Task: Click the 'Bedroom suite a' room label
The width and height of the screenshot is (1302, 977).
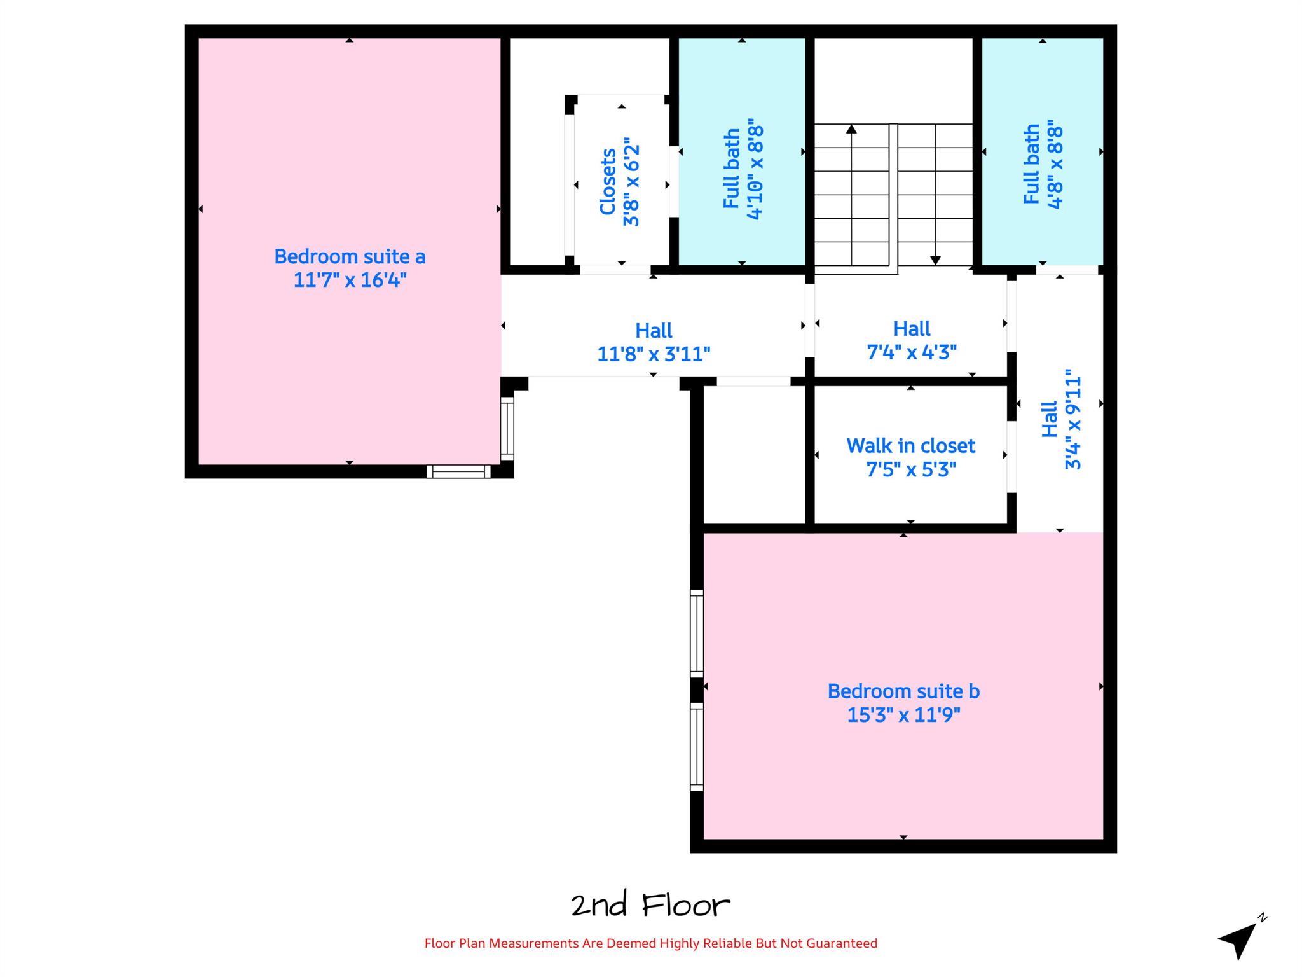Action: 350,256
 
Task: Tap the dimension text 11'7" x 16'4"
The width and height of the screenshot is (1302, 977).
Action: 350,280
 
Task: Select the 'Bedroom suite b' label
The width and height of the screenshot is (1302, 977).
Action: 903,691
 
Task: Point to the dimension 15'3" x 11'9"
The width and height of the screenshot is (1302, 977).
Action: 903,715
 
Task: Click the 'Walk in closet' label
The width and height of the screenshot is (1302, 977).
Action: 910,446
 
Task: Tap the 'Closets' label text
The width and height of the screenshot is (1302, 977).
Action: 608,181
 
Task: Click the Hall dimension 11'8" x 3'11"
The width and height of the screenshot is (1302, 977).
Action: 654,354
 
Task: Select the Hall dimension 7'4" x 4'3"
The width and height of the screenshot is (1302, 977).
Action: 912,352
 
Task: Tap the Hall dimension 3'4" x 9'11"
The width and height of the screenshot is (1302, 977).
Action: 1072,419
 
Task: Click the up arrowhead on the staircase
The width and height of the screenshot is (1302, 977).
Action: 851,129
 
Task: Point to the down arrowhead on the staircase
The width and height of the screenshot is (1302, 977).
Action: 935,260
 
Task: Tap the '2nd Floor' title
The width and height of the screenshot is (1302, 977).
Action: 650,905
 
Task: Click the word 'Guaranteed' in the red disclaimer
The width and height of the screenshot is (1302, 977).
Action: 842,943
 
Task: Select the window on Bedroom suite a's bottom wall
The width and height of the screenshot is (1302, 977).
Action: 458,471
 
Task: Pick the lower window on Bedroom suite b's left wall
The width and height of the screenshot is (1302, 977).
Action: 697,747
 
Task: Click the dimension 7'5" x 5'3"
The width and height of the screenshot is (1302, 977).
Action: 910,469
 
